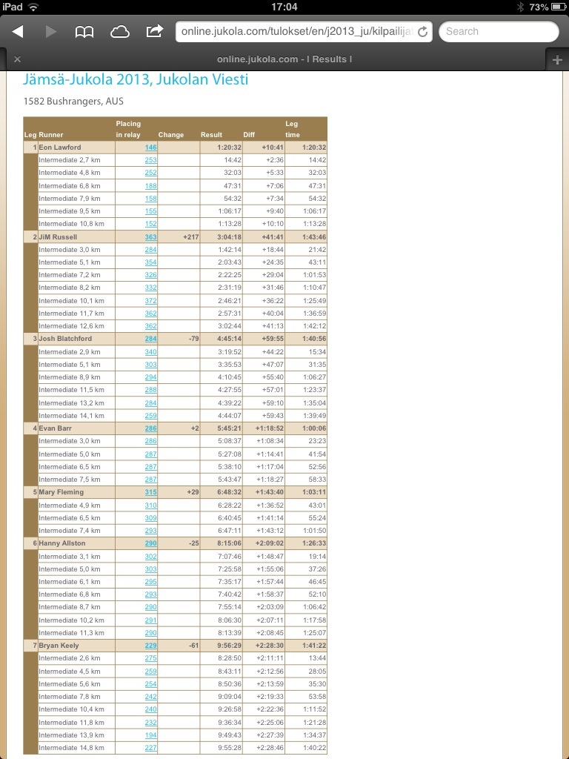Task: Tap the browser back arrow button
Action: pos(18,31)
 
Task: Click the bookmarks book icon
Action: pos(84,31)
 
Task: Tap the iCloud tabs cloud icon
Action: pos(119,31)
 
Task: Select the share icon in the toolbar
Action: pos(155,31)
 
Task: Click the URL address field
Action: pos(296,31)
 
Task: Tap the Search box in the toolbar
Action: pos(499,31)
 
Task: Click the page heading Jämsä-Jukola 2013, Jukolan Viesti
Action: pos(136,80)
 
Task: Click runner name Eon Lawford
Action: pos(60,148)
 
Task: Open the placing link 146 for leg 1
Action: pos(150,148)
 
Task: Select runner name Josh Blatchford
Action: pos(65,339)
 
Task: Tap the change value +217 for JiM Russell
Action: pos(192,237)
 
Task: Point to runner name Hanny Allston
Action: pos(62,543)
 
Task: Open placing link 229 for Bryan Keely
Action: pos(150,646)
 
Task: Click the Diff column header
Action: pos(249,135)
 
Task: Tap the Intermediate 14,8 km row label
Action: pos(71,748)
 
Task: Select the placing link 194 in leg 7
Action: pos(150,735)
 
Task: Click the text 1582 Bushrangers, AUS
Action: pos(73,101)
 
